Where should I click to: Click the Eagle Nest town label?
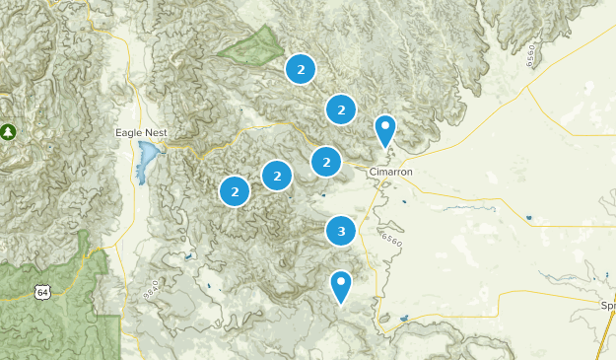(x=139, y=132)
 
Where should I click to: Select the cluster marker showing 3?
(x=341, y=232)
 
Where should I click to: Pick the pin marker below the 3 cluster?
(x=341, y=287)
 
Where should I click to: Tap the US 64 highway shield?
(x=41, y=292)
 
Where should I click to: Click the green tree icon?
(x=9, y=130)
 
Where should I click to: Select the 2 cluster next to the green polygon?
(x=301, y=69)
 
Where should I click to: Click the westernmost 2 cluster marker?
(x=235, y=191)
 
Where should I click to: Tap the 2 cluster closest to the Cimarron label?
(x=326, y=161)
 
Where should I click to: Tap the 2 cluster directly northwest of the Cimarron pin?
(x=341, y=109)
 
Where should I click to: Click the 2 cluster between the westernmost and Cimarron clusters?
(x=278, y=177)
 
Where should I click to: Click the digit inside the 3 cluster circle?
(x=341, y=232)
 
